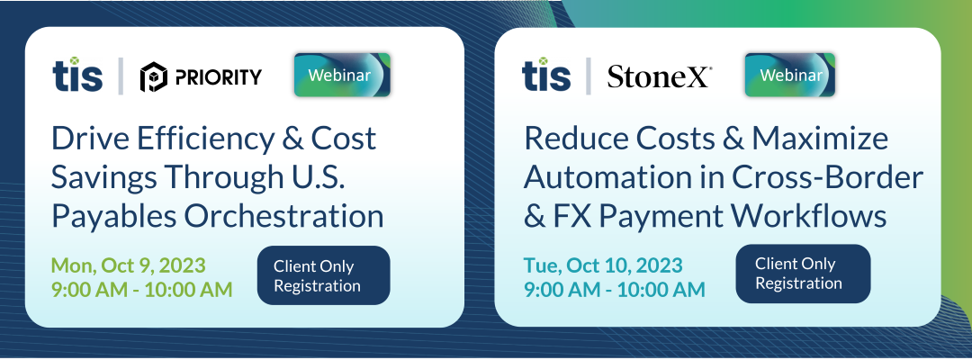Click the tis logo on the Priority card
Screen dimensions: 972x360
pos(77,75)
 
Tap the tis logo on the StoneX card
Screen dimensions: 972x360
pos(546,75)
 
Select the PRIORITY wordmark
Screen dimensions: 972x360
pos(217,77)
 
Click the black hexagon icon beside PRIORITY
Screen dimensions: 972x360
pos(153,77)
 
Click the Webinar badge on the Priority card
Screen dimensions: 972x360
pos(342,75)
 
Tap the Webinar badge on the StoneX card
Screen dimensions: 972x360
pos(790,75)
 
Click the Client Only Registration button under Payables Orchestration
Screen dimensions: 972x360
pos(324,275)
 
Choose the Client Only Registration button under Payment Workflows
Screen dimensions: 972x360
pos(803,274)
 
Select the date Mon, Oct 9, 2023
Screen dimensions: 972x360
pos(129,265)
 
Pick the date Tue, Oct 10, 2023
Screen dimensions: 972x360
pos(603,265)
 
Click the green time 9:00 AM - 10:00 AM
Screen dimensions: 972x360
pos(142,290)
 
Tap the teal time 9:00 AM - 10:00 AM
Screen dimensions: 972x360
pos(615,290)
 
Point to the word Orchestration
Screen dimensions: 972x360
pos(283,216)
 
